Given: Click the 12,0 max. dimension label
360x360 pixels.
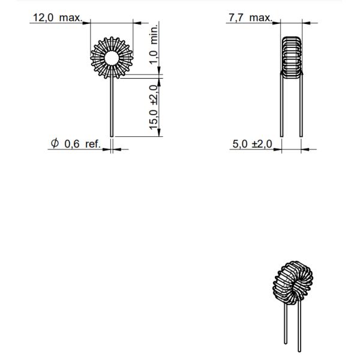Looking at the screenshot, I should pyautogui.click(x=58, y=19).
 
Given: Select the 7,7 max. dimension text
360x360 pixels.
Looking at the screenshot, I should pyautogui.click(x=249, y=19).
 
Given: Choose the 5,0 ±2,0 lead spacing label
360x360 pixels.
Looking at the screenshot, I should pyautogui.click(x=252, y=145).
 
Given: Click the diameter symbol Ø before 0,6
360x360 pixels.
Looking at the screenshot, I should pyautogui.click(x=55, y=144).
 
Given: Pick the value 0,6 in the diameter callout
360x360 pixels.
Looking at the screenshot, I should pyautogui.click(x=71, y=145).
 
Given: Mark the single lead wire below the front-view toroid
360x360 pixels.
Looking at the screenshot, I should pyautogui.click(x=112, y=108).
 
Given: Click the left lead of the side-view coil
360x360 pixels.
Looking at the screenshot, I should pyautogui.click(x=281, y=108).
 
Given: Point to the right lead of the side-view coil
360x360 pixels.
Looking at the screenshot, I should pyautogui.click(x=300, y=108).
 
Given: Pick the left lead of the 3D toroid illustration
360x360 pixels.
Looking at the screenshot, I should pyautogui.click(x=286, y=327).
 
